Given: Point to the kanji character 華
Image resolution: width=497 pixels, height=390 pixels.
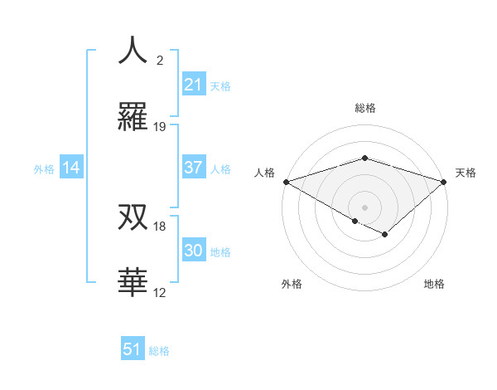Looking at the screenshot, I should click(133, 282).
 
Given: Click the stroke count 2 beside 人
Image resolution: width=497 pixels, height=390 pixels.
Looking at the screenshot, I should click(160, 61).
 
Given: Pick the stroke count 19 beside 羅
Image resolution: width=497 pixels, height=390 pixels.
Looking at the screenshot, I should click(160, 127).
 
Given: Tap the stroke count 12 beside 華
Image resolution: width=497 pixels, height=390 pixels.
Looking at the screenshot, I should click(160, 293).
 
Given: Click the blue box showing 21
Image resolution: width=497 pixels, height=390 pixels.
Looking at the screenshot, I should click(194, 85).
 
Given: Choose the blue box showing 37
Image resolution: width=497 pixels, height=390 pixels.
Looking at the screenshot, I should click(194, 168).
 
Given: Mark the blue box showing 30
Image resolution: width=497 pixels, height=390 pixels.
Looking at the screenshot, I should click(194, 251).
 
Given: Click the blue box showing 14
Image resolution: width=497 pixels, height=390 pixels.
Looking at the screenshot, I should click(71, 168).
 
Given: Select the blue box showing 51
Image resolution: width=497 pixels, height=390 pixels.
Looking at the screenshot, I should click(133, 349).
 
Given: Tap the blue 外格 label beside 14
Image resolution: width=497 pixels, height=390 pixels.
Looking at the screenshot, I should click(44, 169).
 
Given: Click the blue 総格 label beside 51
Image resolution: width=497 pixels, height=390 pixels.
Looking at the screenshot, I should click(159, 351).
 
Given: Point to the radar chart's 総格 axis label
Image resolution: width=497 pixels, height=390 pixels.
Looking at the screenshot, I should click(364, 109).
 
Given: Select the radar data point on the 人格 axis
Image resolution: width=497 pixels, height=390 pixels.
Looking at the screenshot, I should click(286, 182).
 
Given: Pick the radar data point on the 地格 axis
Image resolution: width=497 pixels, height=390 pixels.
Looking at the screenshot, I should click(385, 235).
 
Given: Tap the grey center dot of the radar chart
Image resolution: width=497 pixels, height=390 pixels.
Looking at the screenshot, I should click(364, 207).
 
